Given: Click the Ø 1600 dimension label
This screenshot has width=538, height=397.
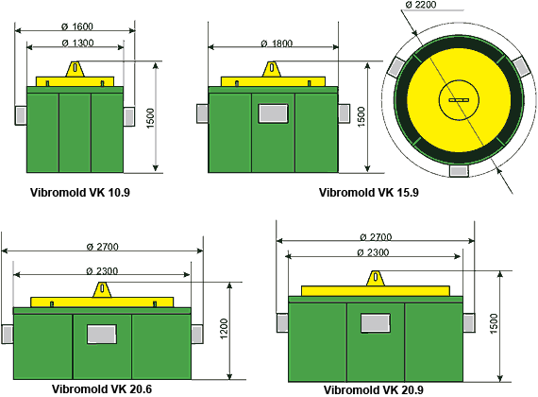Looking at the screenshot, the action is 77,26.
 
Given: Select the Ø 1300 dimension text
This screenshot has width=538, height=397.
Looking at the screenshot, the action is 77,43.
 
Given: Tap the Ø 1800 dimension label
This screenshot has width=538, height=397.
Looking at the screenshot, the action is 277,43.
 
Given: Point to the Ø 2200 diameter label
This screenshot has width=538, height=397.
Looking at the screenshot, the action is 421,5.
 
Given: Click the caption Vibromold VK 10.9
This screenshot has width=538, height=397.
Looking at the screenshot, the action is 80,193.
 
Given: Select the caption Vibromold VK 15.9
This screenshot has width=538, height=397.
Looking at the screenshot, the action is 369,193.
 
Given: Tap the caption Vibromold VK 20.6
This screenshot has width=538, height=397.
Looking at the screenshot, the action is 102,389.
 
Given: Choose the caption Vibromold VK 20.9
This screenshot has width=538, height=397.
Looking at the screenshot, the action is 374,390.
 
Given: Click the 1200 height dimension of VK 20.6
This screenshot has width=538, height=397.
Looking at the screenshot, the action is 224,329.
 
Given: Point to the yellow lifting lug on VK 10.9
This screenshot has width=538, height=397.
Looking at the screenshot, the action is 75,69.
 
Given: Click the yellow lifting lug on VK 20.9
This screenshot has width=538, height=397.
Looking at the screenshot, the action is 376,278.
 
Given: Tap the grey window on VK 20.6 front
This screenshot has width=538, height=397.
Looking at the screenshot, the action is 102,334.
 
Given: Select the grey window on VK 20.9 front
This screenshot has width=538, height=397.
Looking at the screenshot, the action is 376,323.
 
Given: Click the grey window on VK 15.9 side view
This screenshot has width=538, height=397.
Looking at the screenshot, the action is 273,113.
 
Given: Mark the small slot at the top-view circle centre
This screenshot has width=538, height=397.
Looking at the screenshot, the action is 459,100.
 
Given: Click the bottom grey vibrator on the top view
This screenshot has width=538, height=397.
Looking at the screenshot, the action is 459,171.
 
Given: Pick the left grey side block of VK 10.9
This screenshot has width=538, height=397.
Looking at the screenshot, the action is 21,115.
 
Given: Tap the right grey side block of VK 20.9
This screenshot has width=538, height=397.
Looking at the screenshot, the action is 469,323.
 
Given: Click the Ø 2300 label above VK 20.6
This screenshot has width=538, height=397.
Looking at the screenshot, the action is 102,271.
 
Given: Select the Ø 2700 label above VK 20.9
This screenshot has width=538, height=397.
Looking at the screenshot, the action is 376,237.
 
